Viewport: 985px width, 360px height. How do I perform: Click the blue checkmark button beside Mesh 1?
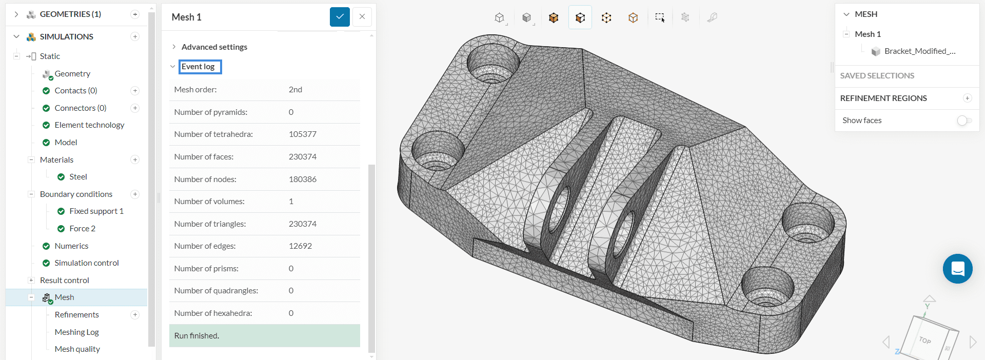[x=340, y=17]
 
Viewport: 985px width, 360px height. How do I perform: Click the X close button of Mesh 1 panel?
[x=362, y=17]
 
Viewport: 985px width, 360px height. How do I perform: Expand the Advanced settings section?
[x=214, y=47]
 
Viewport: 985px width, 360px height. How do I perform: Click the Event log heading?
[x=199, y=67]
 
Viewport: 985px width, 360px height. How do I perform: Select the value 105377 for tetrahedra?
[x=302, y=134]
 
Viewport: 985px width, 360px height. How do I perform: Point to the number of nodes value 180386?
[x=302, y=179]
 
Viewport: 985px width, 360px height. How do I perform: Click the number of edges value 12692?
[x=300, y=246]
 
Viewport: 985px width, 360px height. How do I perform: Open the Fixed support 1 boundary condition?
[x=96, y=211]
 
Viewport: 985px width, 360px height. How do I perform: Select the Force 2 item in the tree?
[x=82, y=229]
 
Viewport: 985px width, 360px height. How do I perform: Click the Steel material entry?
[x=78, y=177]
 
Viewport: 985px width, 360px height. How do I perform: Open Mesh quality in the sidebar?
[x=77, y=349]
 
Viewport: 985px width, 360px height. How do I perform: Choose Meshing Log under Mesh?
[x=76, y=332]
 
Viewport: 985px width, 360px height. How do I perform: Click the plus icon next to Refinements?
[x=135, y=315]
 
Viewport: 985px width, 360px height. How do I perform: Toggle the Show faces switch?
[x=964, y=121]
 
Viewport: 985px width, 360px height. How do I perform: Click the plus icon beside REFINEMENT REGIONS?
[x=967, y=98]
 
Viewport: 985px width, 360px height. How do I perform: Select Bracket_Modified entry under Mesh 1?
[x=919, y=51]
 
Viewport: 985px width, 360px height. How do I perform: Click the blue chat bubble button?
[x=957, y=269]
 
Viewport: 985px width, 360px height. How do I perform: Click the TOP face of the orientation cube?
[x=925, y=340]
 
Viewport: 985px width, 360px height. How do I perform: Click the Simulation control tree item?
[x=86, y=263]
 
